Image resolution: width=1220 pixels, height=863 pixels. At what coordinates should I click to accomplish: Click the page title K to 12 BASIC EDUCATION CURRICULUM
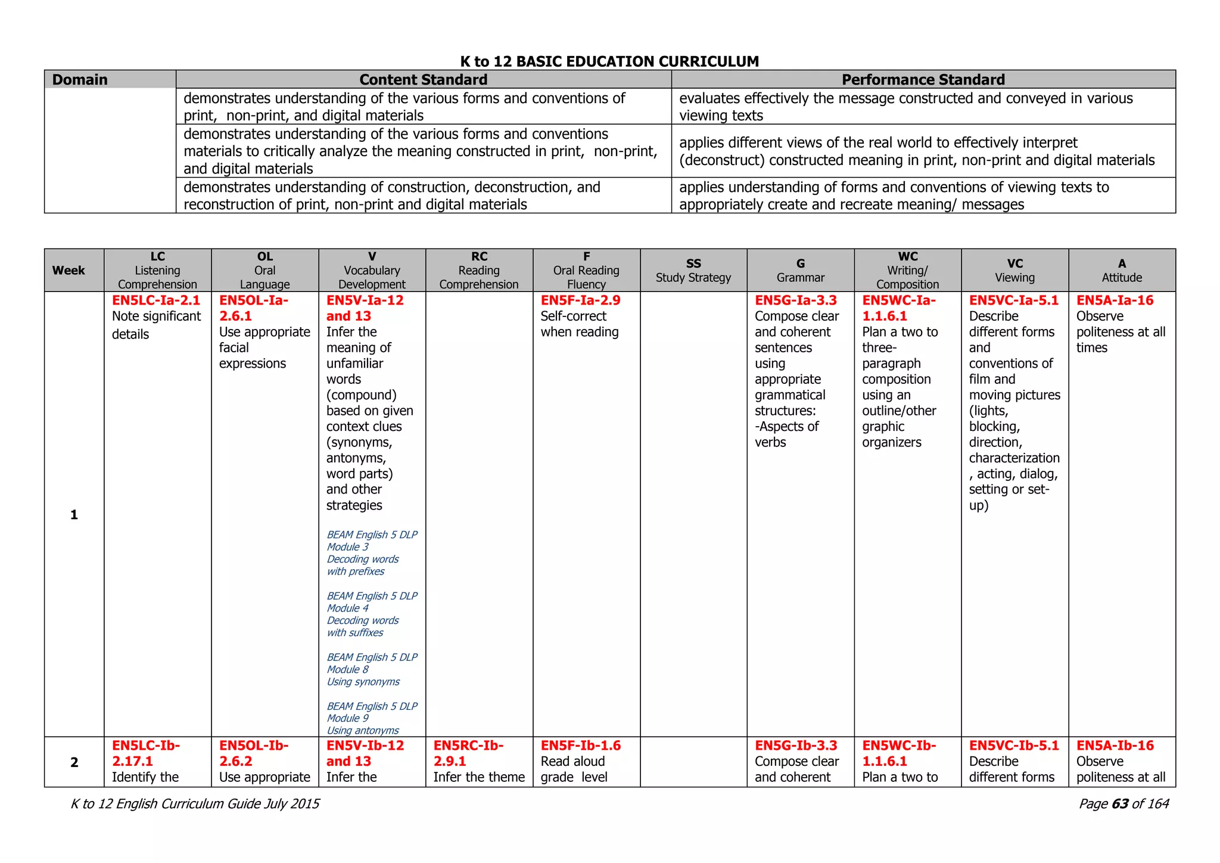click(609, 61)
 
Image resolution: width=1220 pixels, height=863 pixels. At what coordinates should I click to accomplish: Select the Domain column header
click(80, 79)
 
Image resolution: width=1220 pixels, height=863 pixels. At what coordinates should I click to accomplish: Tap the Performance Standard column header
click(923, 79)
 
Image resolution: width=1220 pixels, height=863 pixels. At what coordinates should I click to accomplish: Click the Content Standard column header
click(423, 79)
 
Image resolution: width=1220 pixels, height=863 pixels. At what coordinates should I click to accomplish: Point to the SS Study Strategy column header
click(693, 271)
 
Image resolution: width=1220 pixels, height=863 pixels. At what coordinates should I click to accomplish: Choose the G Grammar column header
click(800, 271)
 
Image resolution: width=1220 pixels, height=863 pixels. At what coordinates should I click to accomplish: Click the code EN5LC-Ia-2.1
click(156, 300)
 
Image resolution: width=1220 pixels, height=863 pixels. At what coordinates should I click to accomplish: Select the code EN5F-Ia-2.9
click(580, 300)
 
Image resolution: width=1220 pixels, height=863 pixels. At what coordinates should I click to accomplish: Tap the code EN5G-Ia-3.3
click(795, 300)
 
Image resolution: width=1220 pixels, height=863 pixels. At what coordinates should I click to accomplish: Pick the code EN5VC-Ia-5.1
click(1013, 300)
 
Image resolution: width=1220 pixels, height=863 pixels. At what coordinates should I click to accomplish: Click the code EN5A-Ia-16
click(1115, 300)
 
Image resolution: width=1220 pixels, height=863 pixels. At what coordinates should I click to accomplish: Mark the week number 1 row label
click(74, 514)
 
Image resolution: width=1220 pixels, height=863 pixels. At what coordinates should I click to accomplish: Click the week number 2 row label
click(74, 762)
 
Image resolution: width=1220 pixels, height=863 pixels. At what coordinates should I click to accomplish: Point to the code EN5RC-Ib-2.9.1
click(468, 753)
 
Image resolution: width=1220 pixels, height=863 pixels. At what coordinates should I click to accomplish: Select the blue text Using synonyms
click(363, 682)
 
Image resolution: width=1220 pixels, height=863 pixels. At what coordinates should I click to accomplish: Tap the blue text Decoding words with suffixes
click(362, 626)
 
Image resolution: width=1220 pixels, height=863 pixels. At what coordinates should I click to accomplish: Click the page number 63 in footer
click(1119, 804)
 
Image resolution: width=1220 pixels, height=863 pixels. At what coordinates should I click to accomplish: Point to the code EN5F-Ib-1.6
click(580, 746)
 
